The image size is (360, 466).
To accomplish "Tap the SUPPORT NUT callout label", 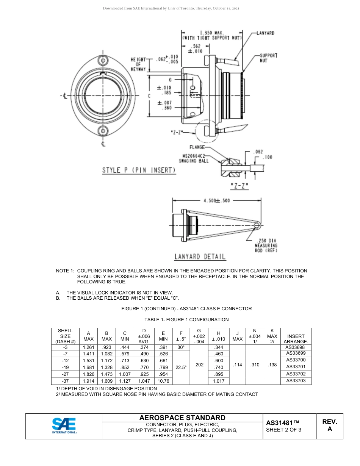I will [268, 58].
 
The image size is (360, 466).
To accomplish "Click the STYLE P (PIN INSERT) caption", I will [139, 170].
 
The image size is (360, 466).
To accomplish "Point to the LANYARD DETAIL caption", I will [200, 257].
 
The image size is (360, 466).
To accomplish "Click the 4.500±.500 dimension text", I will [217, 201].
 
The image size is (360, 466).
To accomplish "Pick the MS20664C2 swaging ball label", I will [194, 158].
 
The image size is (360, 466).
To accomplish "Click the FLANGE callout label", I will [197, 147].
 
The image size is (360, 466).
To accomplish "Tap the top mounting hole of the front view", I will [103, 61].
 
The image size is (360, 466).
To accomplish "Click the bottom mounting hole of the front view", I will [103, 131].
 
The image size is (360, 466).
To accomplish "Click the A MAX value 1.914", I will [88, 381].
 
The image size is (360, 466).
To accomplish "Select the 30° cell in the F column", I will [181, 347].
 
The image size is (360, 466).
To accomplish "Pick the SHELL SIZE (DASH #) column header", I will [65, 336].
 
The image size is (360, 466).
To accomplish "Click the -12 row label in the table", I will [65, 360].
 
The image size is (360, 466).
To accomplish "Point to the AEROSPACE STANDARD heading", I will [182, 418].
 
